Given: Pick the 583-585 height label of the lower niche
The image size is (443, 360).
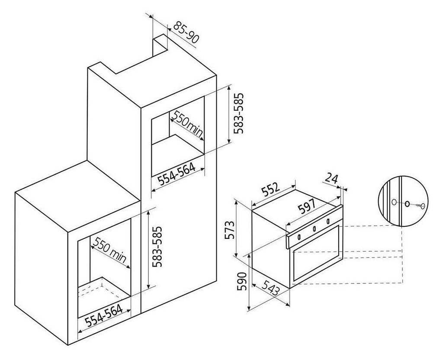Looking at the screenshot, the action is point(157,247).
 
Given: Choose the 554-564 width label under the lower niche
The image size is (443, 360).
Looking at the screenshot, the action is point(104,315).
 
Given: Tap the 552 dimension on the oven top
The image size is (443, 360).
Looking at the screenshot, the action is point(270,190).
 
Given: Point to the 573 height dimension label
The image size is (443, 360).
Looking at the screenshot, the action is point(230,230).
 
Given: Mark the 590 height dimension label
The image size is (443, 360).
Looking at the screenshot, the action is point(243,281).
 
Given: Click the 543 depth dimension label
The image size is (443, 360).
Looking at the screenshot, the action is point(271,288).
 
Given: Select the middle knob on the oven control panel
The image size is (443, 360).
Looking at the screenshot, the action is point(314,229).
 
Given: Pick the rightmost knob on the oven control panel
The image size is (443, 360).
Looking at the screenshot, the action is point(328,221).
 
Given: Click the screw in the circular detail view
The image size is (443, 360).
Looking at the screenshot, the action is point(420,206).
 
